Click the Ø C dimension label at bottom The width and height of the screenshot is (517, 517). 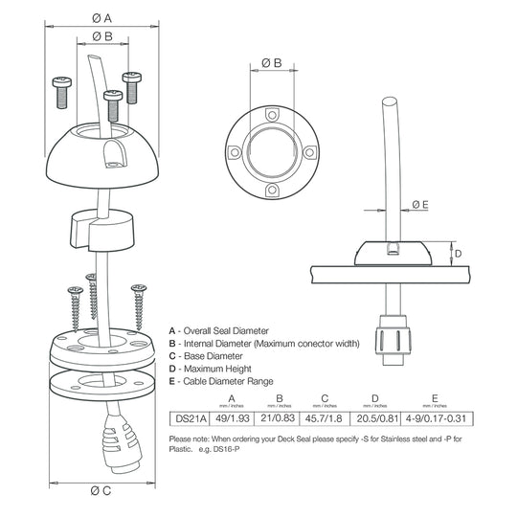[x=102, y=491]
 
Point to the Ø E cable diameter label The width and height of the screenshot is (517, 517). [x=419, y=204]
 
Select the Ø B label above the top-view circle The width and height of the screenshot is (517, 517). [x=271, y=63]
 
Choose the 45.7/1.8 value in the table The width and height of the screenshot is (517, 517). [x=325, y=416]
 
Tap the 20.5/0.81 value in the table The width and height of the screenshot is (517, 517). [x=375, y=416]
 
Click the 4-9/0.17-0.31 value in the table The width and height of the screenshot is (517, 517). [x=435, y=416]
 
